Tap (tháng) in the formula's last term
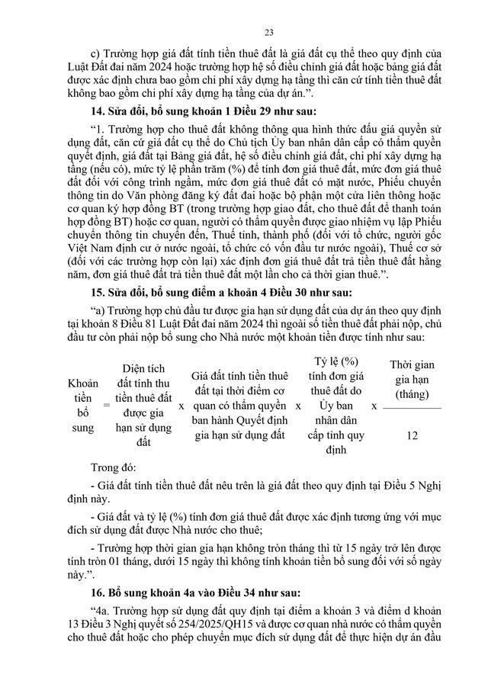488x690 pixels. pos(413,394)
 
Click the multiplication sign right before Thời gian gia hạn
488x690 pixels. pos(374,407)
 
